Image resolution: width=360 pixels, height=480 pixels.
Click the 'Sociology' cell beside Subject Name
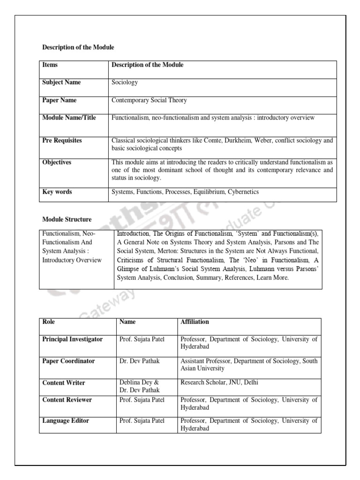[125, 82]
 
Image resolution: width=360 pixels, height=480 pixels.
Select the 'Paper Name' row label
[60, 100]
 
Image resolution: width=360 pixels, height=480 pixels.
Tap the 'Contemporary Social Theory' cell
[149, 100]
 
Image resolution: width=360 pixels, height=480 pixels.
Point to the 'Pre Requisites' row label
[62, 140]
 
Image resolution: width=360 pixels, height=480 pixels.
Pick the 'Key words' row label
[57, 192]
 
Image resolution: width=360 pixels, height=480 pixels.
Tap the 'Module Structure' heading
[67, 219]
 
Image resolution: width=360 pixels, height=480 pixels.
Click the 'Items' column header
[50, 65]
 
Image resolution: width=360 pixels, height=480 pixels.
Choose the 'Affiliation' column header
[195, 322]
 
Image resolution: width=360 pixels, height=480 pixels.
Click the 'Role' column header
[49, 322]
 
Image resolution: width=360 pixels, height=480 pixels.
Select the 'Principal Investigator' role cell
[72, 339]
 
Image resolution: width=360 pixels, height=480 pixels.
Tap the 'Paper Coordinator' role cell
[68, 361]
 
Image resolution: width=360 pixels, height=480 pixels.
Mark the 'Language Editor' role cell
[66, 421]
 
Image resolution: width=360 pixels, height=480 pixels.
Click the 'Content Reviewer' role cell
[67, 400]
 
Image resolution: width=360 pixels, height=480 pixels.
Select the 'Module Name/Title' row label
[69, 118]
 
